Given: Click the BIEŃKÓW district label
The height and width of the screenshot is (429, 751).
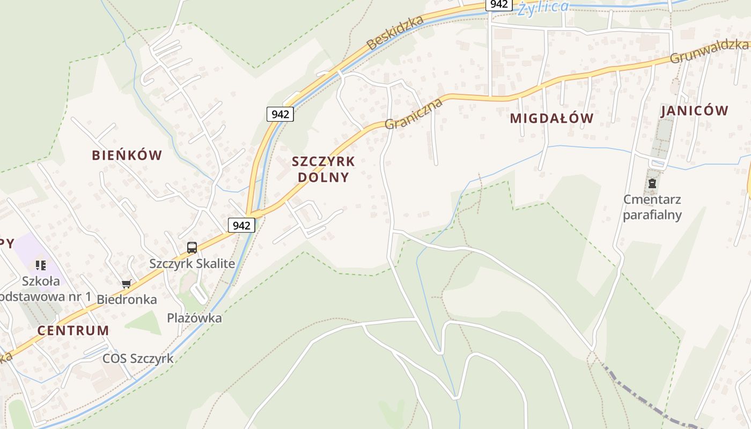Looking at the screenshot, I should point(127,156).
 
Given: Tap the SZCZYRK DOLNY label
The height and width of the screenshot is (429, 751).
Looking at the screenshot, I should point(323,169).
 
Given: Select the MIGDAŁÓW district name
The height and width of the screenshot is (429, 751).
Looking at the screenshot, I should point(551,119).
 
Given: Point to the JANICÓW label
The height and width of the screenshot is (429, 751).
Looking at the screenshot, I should point(695,111).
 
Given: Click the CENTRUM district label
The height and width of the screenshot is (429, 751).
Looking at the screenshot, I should point(73,330).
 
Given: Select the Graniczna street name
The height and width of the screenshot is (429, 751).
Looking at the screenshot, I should point(414,114).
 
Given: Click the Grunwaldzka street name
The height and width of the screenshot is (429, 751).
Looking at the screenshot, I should point(708,51).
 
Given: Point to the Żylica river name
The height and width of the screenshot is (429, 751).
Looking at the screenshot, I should point(543,8).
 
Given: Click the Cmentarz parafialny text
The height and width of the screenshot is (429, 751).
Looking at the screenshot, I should point(652,208).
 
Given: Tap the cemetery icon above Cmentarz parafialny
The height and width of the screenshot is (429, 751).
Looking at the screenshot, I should point(652,184).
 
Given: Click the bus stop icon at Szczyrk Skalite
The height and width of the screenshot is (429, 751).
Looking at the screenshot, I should point(192,247).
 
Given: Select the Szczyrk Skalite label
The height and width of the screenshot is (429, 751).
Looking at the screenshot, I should point(192,263).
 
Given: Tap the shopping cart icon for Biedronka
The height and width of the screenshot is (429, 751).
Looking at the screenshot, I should point(127,284).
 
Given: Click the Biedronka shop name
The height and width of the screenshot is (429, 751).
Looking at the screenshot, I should point(127,299).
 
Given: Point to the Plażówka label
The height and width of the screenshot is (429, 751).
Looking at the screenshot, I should point(194,317).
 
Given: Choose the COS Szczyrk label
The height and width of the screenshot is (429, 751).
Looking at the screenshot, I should point(138,358).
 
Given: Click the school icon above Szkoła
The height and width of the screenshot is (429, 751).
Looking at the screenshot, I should point(41,265).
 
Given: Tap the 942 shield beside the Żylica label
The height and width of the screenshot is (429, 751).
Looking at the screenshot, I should point(499,4).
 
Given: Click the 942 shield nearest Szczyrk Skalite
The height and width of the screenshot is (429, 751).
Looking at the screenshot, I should point(241,225).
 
